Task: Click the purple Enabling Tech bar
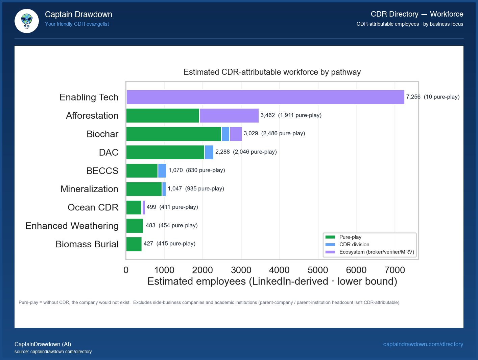tap(265, 97)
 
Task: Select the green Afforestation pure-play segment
tap(163, 116)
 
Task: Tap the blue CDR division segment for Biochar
tap(225, 134)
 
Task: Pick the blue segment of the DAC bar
tap(209, 152)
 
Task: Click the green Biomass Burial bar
tap(134, 244)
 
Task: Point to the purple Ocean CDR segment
tap(144, 207)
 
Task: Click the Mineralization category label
tap(89, 189)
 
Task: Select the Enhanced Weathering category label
tap(72, 226)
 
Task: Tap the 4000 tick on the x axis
tap(279, 270)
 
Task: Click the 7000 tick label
tap(395, 270)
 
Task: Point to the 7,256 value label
tap(413, 97)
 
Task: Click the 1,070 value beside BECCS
tap(176, 170)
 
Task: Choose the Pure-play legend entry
tap(350, 237)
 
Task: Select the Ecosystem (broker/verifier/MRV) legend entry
tap(376, 252)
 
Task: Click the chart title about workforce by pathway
tap(272, 72)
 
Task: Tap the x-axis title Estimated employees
tap(272, 282)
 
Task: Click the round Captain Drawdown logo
tap(27, 21)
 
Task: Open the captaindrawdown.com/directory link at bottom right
tap(423, 344)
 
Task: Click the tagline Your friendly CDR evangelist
tap(77, 24)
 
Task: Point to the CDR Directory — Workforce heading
tap(417, 14)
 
